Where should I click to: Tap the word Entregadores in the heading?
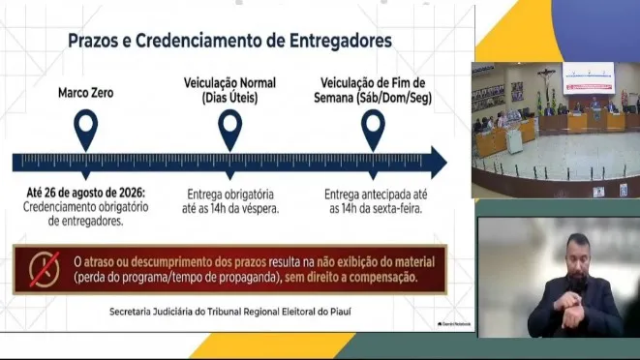341,42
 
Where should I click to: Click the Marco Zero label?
86,93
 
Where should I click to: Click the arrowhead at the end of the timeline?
440,163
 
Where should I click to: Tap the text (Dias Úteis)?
229,98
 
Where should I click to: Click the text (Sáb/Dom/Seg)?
394,98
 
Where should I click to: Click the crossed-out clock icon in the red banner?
45,269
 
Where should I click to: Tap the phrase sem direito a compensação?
351,278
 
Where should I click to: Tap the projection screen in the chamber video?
588,77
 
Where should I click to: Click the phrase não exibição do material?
376,262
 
